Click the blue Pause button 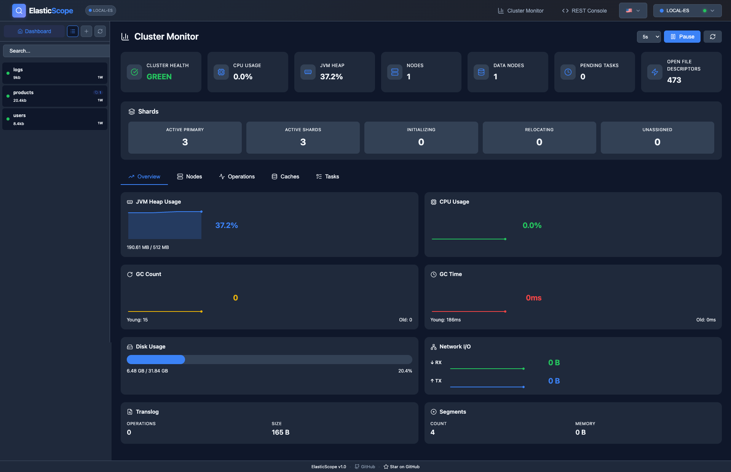(682, 37)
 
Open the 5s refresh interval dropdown (648, 37)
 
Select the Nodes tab (190, 177)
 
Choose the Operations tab (237, 177)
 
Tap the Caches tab (285, 177)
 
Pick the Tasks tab (327, 177)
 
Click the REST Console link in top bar (584, 11)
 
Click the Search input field (56, 51)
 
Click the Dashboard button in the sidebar (34, 31)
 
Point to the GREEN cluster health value (159, 77)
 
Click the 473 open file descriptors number (674, 80)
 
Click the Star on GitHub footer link (402, 467)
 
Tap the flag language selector (633, 11)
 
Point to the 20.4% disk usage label (405, 371)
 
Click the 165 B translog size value (281, 432)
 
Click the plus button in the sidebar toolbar (86, 31)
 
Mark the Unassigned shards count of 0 (657, 142)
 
